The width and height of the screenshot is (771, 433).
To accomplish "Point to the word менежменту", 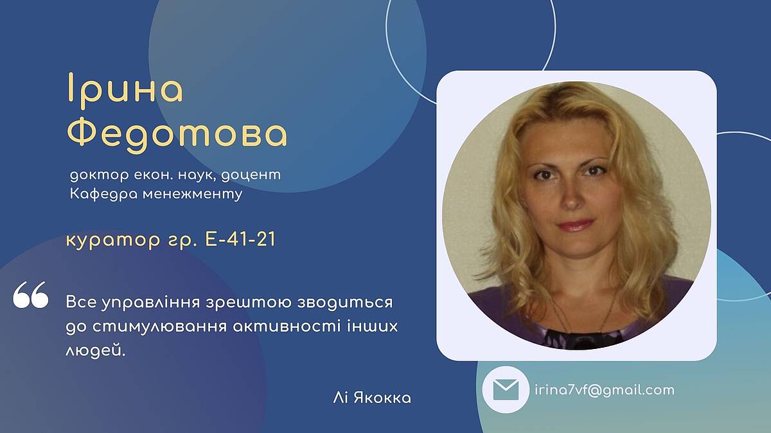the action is click(x=193, y=195).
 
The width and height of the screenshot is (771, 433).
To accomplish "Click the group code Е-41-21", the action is click(x=240, y=239).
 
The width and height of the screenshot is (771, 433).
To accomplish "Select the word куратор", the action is click(x=113, y=241).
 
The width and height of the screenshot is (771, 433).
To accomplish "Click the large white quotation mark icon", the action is click(x=31, y=294).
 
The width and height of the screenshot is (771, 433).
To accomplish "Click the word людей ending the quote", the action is click(x=95, y=351).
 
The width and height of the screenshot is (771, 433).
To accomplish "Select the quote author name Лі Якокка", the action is click(x=372, y=398).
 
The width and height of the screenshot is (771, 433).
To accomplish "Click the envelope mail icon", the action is click(x=506, y=390).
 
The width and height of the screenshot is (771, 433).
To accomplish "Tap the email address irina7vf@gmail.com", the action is click(x=605, y=391).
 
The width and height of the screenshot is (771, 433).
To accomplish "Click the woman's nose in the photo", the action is click(x=571, y=198).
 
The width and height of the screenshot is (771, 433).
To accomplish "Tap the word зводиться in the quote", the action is click(x=345, y=303).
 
